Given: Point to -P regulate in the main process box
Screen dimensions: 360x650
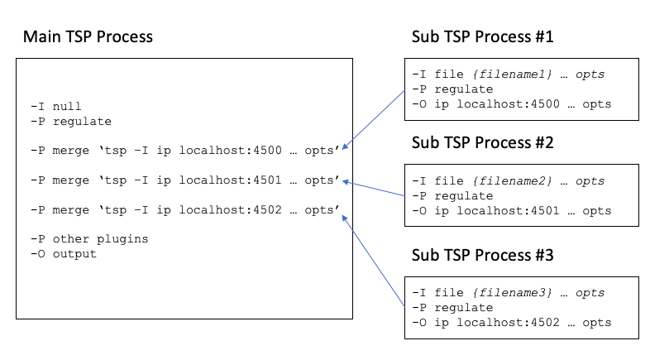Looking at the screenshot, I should (x=69, y=121).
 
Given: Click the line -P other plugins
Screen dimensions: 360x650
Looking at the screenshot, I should (x=88, y=239).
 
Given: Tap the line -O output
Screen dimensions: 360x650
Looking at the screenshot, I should (x=63, y=253).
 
